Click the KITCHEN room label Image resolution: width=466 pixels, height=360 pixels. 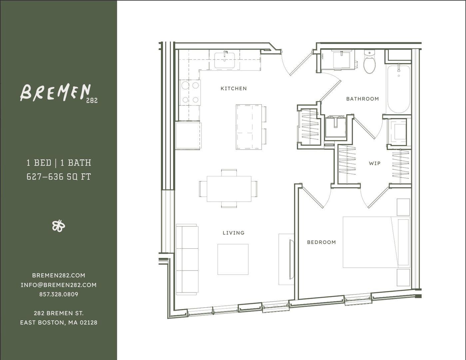click(233, 88)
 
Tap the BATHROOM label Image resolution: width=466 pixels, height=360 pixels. click(362, 99)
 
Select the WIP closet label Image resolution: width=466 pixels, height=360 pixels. click(374, 163)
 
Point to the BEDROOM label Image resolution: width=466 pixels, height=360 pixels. click(321, 242)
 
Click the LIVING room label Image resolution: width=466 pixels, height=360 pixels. click(233, 233)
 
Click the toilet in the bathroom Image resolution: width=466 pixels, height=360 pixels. click(369, 63)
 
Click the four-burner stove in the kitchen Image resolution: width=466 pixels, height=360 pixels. click(190, 93)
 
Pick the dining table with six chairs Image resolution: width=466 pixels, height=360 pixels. click(229, 189)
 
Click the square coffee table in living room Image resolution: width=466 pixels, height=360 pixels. click(233, 259)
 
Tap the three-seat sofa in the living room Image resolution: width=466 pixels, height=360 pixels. click(187, 259)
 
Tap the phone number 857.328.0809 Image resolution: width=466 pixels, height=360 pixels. click(59, 294)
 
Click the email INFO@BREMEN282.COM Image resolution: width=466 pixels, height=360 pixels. click(59, 285)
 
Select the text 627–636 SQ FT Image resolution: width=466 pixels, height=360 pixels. click(59, 177)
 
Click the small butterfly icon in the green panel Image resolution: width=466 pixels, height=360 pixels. click(59, 226)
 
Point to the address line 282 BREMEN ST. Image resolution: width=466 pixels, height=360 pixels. click(59, 313)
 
